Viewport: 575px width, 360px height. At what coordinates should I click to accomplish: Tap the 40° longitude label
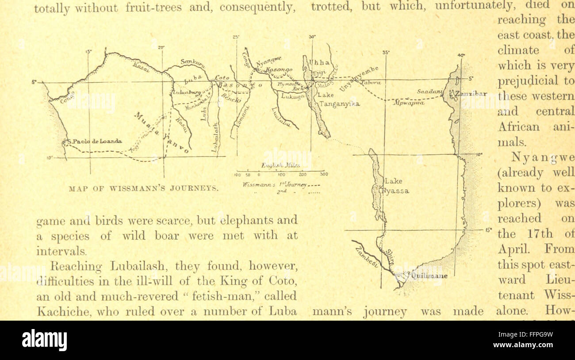point(461,55)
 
